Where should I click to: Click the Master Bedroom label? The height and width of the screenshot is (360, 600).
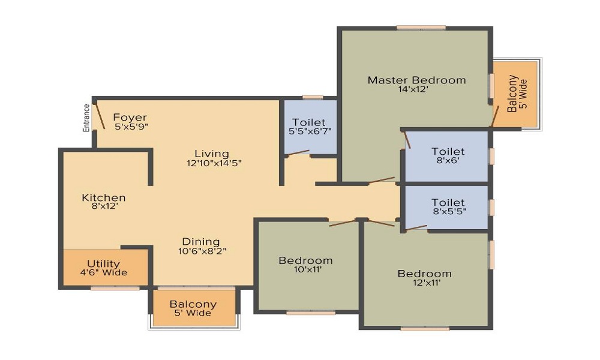pos(417,80)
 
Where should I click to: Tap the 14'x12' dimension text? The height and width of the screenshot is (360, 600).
pos(413,89)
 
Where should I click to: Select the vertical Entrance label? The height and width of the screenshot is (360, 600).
pos(86,118)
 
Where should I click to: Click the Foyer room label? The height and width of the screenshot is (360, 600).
pos(130,117)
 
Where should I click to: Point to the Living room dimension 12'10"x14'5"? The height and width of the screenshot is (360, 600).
pos(214,163)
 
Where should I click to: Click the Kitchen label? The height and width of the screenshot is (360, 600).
pos(104,197)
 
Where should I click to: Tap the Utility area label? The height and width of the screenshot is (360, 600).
pos(103,263)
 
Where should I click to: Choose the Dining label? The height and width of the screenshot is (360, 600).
pos(201,242)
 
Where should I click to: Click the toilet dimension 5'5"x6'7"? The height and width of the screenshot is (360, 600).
pos(310,131)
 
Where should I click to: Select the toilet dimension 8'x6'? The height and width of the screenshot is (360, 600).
pos(448,161)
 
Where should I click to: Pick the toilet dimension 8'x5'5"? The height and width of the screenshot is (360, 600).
pos(449,211)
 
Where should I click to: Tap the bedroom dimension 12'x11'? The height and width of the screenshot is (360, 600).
pos(427,283)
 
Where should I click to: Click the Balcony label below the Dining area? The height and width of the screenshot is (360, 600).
pos(193,305)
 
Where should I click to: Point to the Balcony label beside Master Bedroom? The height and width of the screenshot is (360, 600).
pos(512,94)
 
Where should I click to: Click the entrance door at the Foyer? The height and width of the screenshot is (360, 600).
pos(100,115)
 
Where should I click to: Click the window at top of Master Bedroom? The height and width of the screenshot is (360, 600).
pos(421,28)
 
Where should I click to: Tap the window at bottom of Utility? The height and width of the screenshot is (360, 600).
pos(115,288)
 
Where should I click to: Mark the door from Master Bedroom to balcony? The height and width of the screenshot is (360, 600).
pos(495,116)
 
